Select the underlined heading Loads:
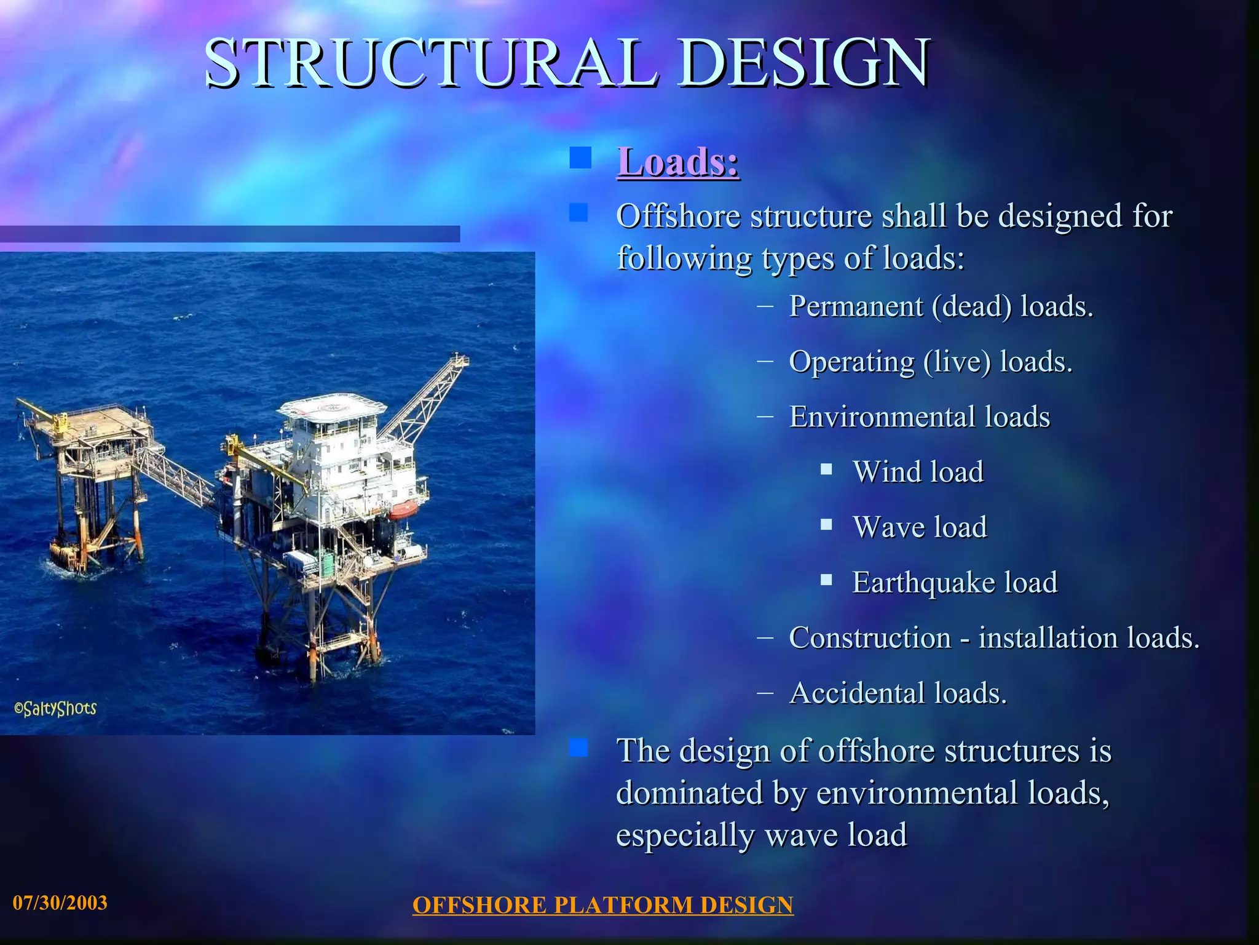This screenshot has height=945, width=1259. coord(678,162)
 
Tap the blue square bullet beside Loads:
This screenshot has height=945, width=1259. coord(580,157)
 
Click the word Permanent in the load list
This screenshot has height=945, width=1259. coord(856,306)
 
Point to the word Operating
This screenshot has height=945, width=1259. coord(851,362)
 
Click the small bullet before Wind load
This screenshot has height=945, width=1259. coord(826,470)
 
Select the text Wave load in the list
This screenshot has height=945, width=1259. coord(920,527)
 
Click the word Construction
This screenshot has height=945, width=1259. coord(870,637)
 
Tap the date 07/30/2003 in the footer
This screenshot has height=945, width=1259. coord(60,903)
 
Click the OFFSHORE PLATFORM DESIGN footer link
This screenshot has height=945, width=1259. coord(602,905)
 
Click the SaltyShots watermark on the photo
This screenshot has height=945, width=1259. coord(55,709)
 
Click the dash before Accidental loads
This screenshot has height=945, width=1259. coord(765,692)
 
